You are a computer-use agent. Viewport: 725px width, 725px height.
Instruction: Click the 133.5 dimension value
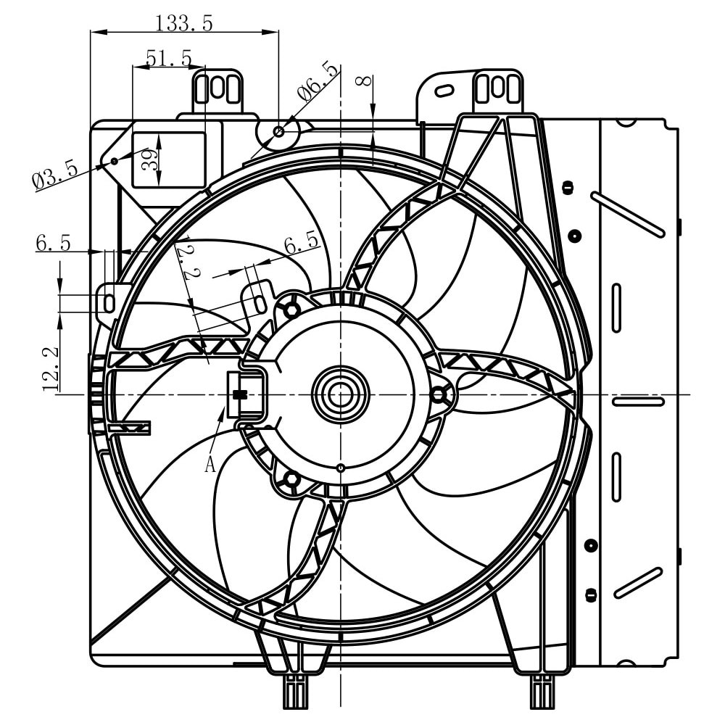[x=183, y=23]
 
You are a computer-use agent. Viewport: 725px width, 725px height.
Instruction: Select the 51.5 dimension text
[x=168, y=58]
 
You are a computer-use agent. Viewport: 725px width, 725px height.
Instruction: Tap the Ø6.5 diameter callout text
[x=317, y=82]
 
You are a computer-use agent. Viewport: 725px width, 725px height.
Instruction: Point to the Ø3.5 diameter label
[x=54, y=175]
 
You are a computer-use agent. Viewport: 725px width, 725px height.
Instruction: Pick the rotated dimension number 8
[x=366, y=80]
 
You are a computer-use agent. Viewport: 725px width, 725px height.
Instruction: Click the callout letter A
[x=210, y=464]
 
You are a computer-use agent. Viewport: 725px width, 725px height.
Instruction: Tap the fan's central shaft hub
[x=340, y=394]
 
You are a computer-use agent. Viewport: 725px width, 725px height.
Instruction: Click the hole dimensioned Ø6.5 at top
[x=279, y=131]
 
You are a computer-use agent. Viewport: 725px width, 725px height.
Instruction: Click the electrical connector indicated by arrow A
[x=244, y=394]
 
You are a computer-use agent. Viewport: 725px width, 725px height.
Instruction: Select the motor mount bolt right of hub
[x=439, y=394]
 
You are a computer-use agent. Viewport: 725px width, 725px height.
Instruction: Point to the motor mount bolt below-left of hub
[x=291, y=479]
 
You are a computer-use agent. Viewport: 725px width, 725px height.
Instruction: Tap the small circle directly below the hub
[x=341, y=468]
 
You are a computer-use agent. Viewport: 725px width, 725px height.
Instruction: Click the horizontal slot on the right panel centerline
[x=638, y=401]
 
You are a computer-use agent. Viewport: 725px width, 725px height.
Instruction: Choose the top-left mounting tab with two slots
[x=217, y=90]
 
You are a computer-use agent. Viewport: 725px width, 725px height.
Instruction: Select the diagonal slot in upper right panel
[x=628, y=215]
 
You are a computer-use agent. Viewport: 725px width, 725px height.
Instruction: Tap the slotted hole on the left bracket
[x=109, y=302]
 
